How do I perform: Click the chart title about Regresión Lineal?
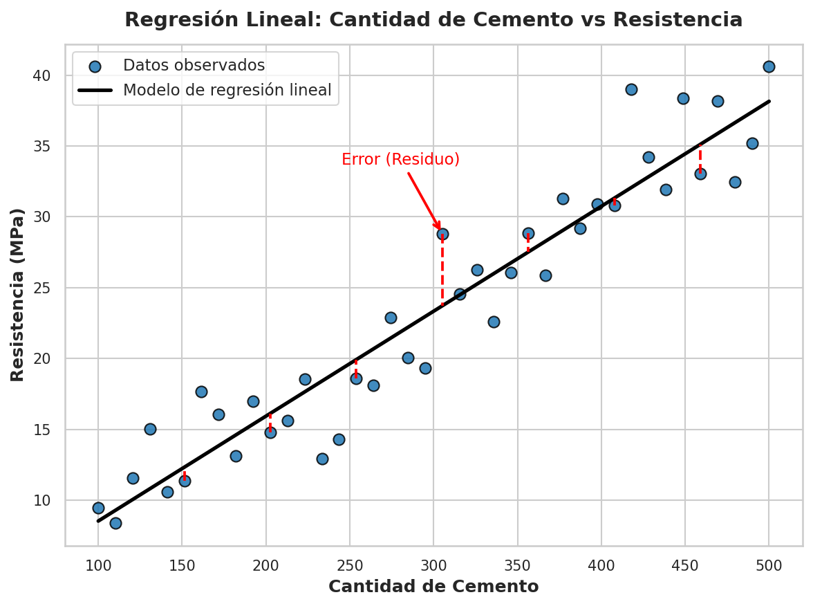tap(433, 19)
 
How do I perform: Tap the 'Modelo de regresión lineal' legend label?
tap(227, 90)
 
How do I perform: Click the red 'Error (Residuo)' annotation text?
tap(401, 159)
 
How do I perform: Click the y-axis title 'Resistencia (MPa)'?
tap(17, 295)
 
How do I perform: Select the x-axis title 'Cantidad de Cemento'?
tap(433, 587)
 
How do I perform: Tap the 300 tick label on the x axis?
tap(433, 566)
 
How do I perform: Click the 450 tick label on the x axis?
tap(686, 566)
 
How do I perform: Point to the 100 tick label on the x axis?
tap(98, 566)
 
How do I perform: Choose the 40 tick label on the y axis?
tap(42, 76)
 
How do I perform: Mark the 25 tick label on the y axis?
tap(42, 288)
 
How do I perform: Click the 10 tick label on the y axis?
tap(42, 501)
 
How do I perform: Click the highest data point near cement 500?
tap(769, 66)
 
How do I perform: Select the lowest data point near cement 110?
tap(115, 523)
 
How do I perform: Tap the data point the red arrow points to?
tap(442, 235)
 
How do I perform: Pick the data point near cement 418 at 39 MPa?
tap(631, 90)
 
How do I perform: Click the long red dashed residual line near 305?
tap(442, 270)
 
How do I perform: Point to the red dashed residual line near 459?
tap(700, 160)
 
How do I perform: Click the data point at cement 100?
tap(98, 508)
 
